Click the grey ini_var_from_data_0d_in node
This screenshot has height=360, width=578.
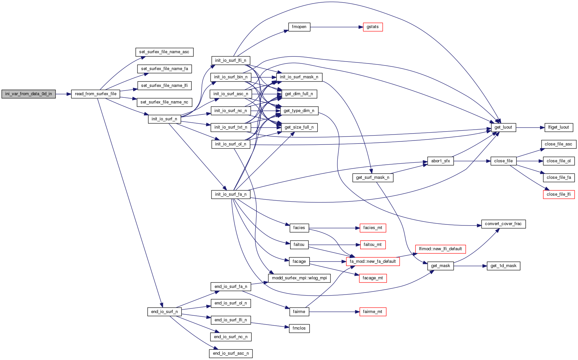click(28, 94)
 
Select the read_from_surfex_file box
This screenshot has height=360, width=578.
click(96, 94)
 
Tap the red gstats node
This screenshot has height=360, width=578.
click(372, 27)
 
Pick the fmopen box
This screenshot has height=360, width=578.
click(299, 27)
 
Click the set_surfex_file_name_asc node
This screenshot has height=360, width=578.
click(164, 52)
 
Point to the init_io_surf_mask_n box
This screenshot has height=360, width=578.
click(299, 77)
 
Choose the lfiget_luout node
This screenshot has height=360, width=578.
click(559, 127)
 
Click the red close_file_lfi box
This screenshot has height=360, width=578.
click(559, 194)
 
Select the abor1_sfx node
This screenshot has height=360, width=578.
click(440, 161)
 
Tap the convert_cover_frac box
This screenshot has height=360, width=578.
click(503, 224)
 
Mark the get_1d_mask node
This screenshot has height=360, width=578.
click(503, 266)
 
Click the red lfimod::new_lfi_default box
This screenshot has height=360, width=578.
click(440, 249)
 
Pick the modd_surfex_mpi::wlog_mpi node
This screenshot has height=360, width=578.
click(299, 278)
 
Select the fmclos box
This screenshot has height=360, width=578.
click(299, 328)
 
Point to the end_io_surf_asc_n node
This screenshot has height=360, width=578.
click(231, 353)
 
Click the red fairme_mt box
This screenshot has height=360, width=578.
click(372, 312)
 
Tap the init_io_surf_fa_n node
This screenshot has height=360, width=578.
click(231, 194)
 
